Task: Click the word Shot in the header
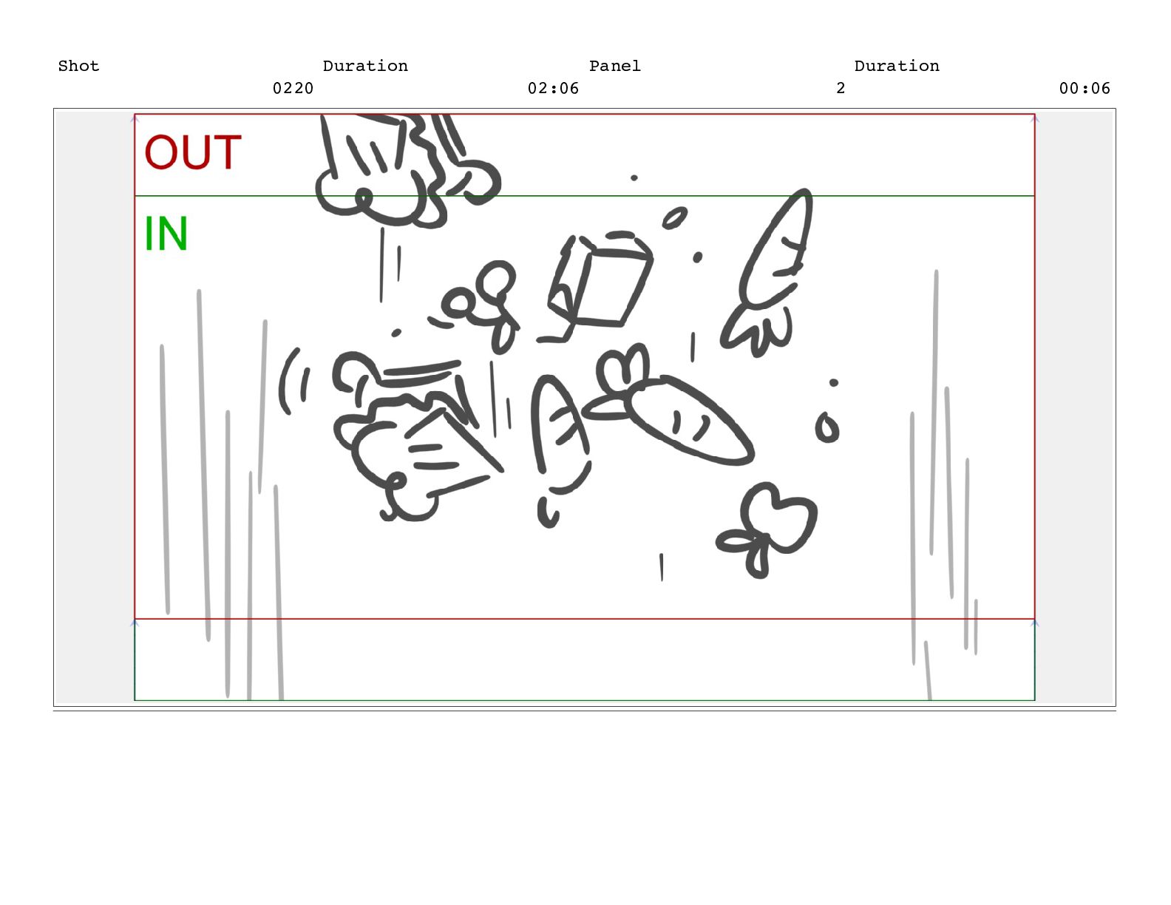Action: [78, 66]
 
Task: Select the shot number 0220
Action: [293, 88]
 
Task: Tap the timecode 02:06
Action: [553, 88]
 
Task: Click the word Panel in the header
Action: [614, 66]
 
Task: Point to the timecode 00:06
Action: [1085, 88]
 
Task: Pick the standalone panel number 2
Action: [841, 88]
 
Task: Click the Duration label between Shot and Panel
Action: [364, 66]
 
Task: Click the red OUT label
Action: [192, 152]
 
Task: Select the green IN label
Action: [166, 234]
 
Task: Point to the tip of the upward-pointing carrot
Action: [806, 192]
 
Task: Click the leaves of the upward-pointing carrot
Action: [757, 330]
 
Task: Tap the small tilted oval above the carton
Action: [675, 218]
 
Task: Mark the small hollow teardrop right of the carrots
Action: [827, 428]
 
